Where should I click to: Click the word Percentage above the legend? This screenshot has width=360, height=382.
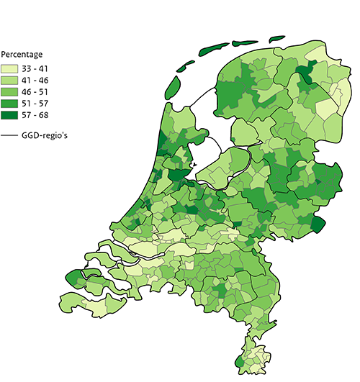tap(22, 55)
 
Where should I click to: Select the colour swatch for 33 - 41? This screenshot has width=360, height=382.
tap(10, 68)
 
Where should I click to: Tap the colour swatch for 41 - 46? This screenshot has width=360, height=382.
tap(10, 80)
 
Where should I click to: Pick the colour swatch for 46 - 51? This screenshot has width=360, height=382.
tap(10, 91)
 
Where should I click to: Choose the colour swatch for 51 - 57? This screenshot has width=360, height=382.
tap(10, 103)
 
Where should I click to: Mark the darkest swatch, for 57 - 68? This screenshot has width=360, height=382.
tap(10, 114)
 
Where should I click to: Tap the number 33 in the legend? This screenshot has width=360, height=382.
tap(28, 68)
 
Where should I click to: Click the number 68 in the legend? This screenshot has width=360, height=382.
tap(47, 114)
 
